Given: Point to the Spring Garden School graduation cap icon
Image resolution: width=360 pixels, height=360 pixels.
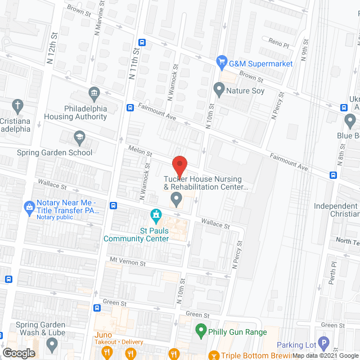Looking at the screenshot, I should pyautogui.click(x=80, y=137).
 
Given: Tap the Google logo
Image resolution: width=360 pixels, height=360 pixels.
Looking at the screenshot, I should pyautogui.click(x=19, y=353).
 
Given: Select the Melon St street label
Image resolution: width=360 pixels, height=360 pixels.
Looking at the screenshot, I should pyautogui.click(x=141, y=152).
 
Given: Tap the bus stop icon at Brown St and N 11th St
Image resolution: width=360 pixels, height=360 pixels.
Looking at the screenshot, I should pyautogui.click(x=142, y=42).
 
